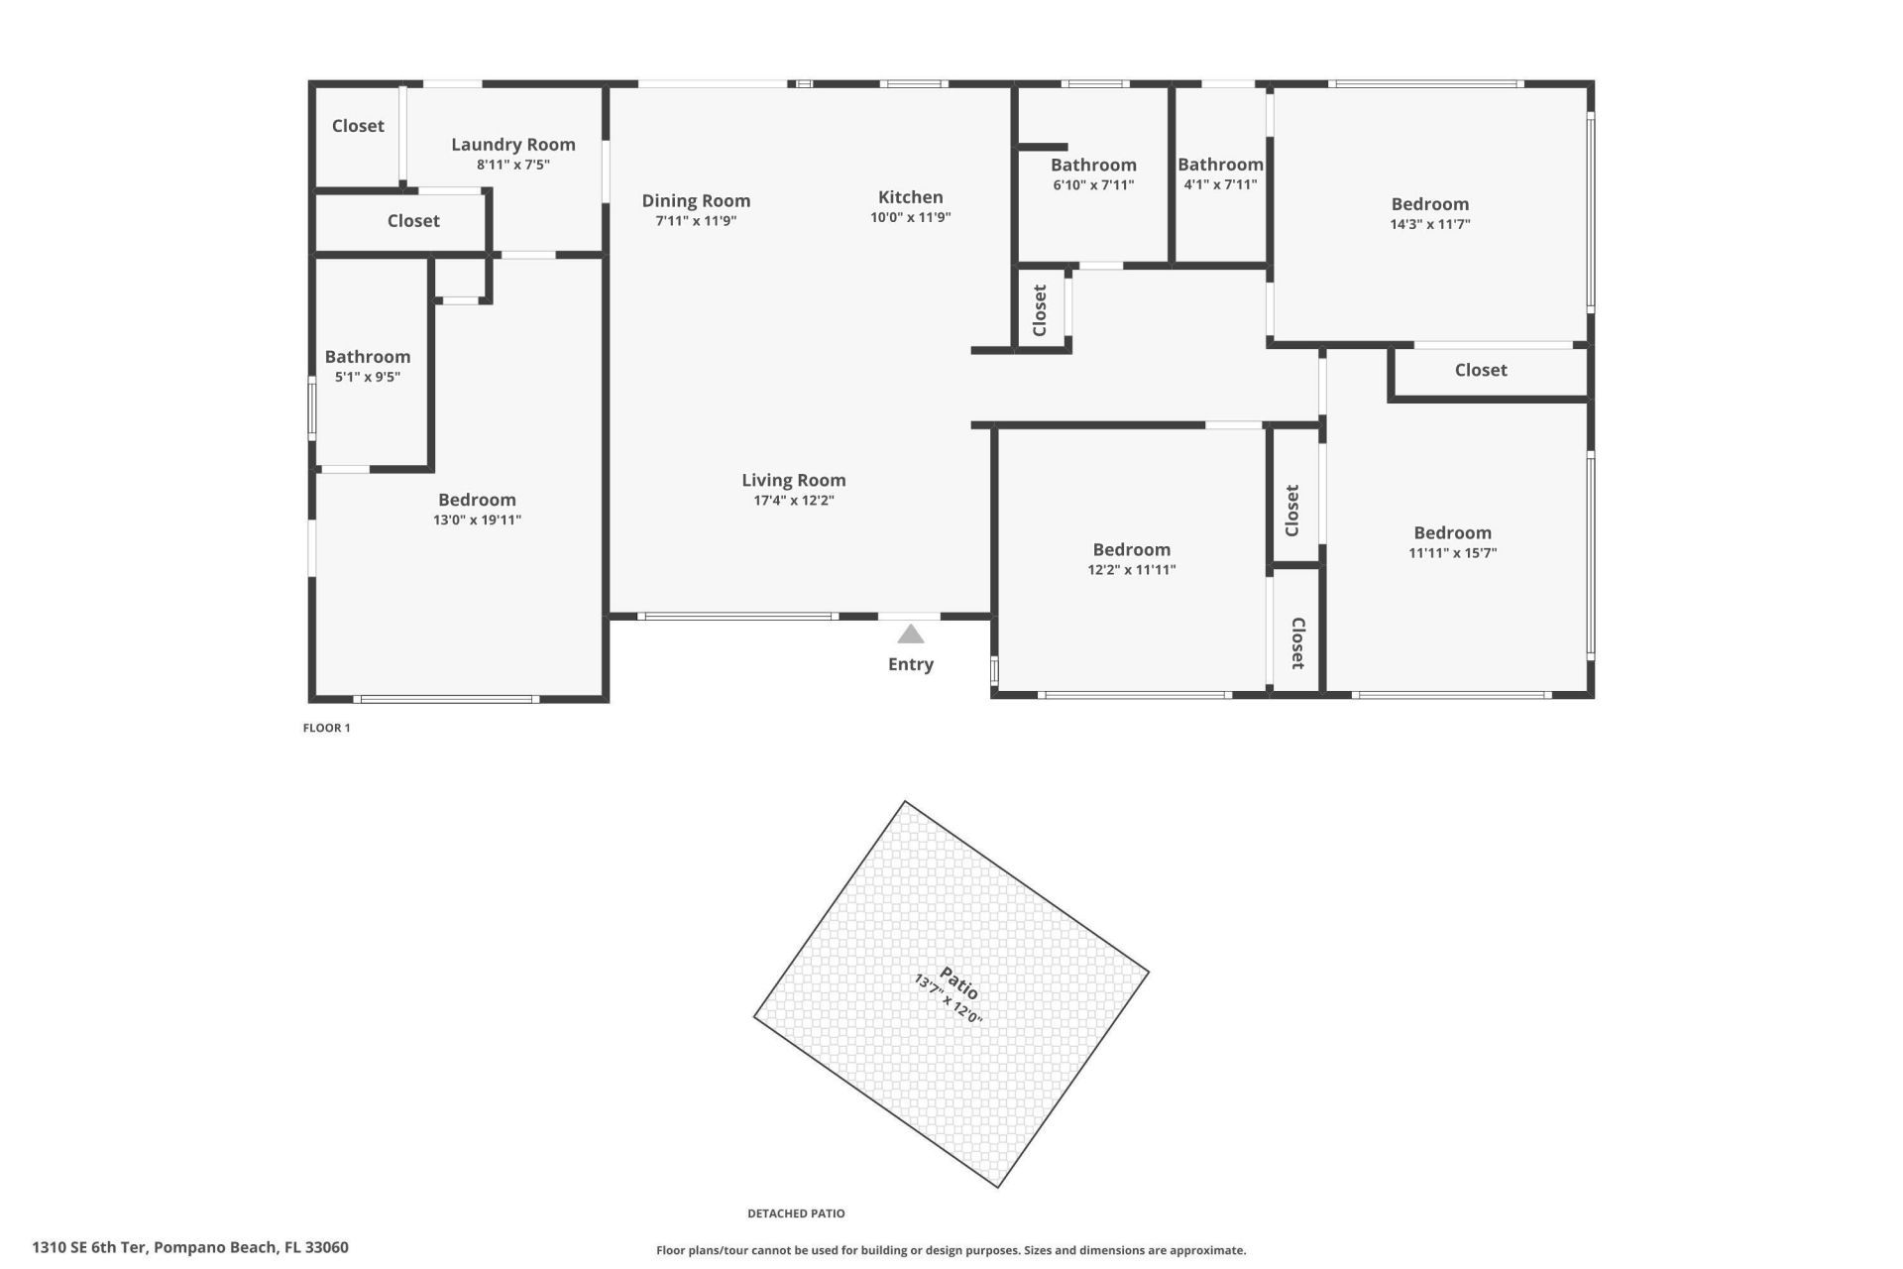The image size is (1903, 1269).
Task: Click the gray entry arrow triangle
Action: tap(910, 634)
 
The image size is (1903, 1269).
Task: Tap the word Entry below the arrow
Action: tap(910, 664)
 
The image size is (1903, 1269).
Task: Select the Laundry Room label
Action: tap(512, 145)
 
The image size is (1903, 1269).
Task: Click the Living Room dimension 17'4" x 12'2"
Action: tap(793, 501)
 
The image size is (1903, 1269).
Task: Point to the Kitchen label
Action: tap(910, 197)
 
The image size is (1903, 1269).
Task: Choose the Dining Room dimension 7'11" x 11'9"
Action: tap(695, 221)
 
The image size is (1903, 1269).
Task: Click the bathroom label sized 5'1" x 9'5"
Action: tap(367, 357)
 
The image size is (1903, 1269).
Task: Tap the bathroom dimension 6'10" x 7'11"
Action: tap(1092, 185)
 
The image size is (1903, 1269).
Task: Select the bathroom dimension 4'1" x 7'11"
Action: tap(1219, 185)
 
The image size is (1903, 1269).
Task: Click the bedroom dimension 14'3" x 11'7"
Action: tap(1429, 225)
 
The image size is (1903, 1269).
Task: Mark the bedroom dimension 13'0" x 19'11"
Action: tap(477, 520)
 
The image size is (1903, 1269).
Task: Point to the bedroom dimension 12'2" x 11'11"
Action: tap(1131, 570)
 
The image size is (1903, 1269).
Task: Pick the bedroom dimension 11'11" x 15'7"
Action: tap(1452, 554)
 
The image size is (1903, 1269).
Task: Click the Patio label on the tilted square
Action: tap(958, 983)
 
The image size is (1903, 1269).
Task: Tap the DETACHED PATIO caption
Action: tap(796, 1213)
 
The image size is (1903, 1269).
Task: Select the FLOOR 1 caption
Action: tap(326, 728)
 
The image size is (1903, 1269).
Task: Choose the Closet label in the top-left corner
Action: tap(357, 126)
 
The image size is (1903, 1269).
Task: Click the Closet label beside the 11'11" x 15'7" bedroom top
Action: tap(1480, 370)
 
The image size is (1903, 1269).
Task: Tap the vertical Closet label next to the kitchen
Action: tap(1040, 310)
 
